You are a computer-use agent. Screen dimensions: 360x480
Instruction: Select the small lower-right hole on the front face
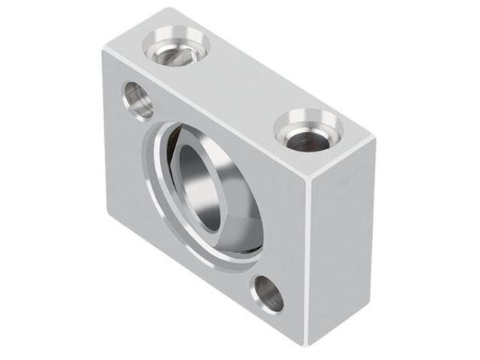(x=267, y=293)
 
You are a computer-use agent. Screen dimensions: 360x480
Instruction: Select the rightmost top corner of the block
(x=373, y=137)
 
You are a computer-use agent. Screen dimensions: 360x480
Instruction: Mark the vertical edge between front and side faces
(x=307, y=262)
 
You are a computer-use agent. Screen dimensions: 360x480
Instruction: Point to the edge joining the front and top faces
(x=202, y=112)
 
